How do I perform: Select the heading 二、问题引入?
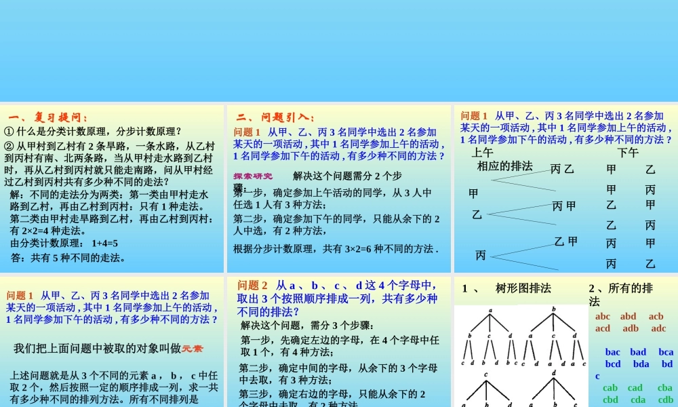click(275, 117)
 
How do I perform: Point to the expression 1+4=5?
click(104, 243)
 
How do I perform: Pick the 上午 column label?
click(483, 153)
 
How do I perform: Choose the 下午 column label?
click(628, 153)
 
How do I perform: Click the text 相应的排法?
click(505, 166)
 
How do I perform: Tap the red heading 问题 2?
click(253, 286)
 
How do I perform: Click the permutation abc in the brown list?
click(603, 316)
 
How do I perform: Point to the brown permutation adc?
click(658, 328)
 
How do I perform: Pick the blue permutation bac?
click(612, 352)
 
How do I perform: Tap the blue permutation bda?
click(641, 364)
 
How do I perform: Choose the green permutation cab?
click(610, 388)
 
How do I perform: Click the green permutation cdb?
click(665, 400)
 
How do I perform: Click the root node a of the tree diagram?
click(490, 310)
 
